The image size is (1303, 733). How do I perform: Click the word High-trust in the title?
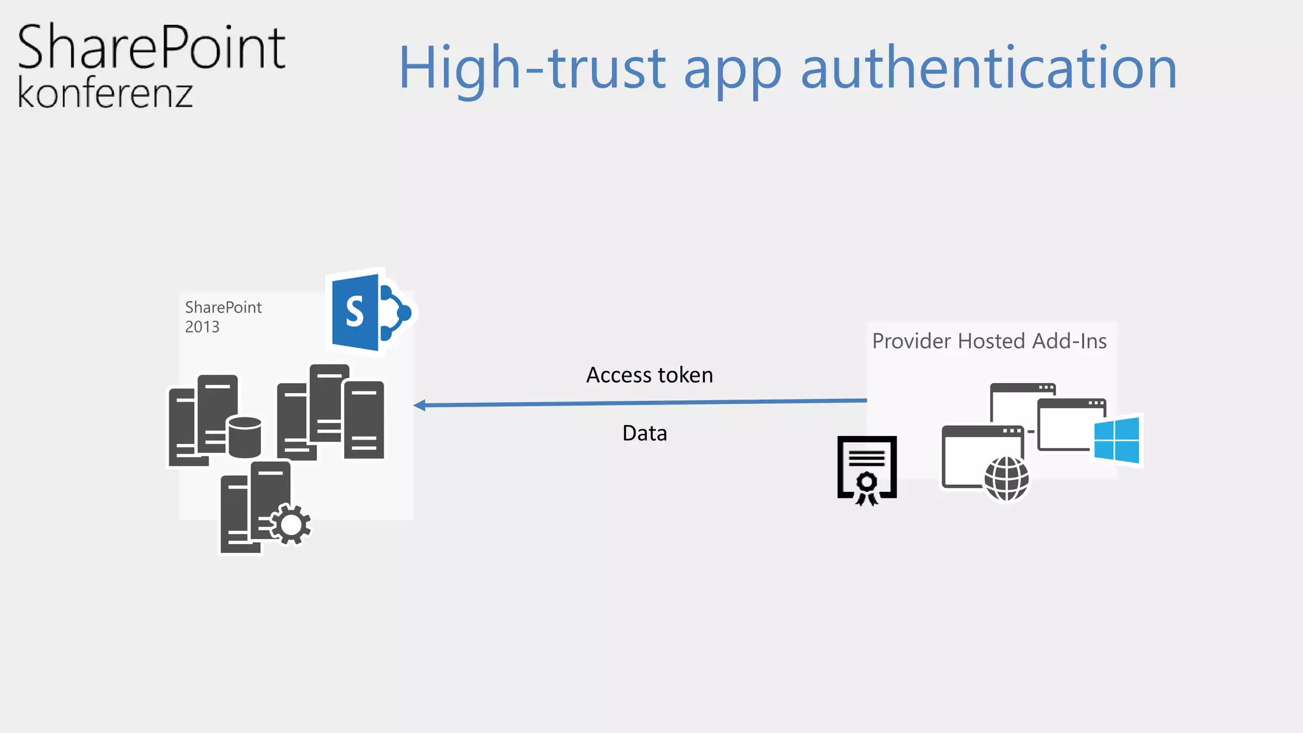click(x=532, y=69)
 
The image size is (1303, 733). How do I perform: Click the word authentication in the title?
click(x=989, y=67)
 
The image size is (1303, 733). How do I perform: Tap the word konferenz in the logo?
click(x=105, y=94)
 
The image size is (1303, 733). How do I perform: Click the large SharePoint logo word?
click(x=151, y=47)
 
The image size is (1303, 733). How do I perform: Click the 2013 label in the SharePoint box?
click(x=202, y=327)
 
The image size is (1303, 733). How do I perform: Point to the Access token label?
click(x=649, y=375)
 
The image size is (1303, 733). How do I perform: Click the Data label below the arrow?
click(x=645, y=433)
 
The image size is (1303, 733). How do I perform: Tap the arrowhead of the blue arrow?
click(x=420, y=405)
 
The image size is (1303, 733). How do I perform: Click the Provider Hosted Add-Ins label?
click(x=989, y=341)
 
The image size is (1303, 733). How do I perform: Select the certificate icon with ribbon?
click(x=867, y=470)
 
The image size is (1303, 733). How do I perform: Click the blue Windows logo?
click(x=1117, y=440)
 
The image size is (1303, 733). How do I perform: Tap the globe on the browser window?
click(x=1006, y=478)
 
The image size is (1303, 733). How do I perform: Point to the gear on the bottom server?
click(x=291, y=524)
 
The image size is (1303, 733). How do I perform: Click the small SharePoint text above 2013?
click(x=223, y=307)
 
